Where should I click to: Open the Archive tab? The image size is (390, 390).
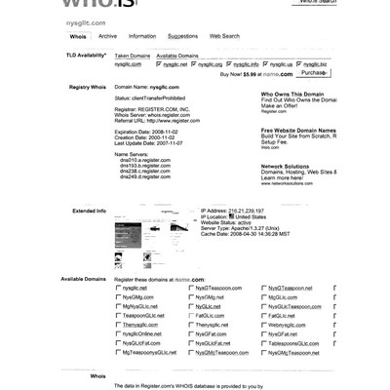tap(107, 36)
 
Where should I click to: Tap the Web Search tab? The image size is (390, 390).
tap(224, 36)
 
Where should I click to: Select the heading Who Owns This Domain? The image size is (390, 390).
tap(296, 94)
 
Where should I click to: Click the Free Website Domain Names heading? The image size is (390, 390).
tap(298, 129)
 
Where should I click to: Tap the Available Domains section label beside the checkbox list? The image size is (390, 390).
tap(84, 279)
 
